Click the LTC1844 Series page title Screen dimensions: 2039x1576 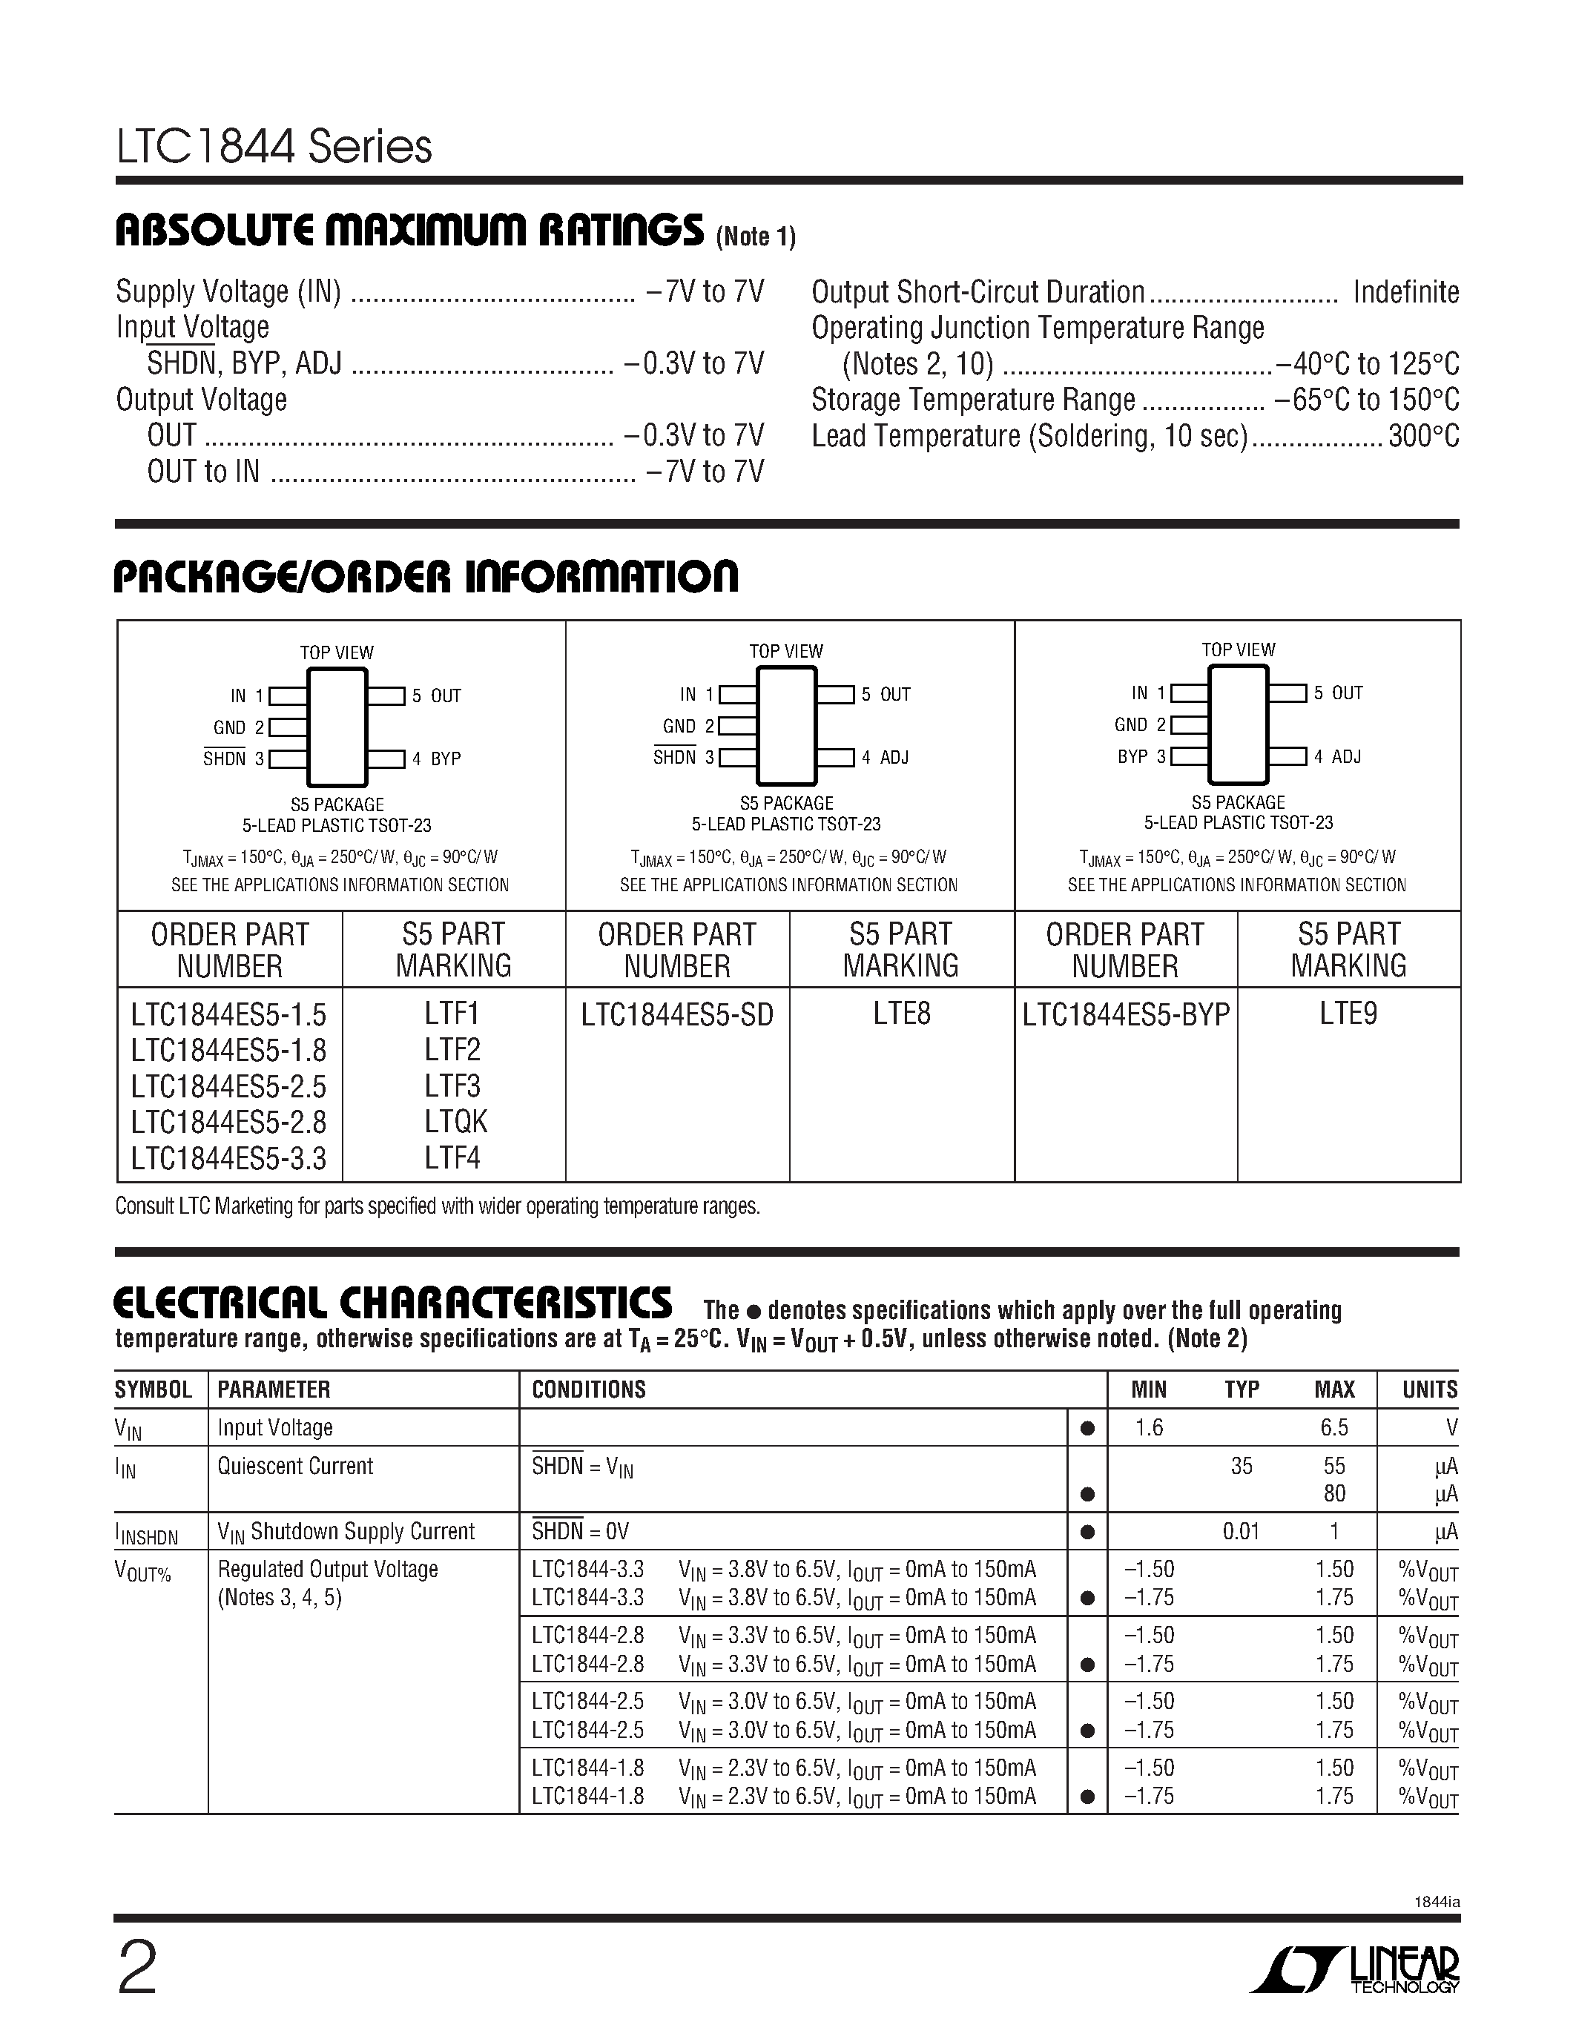point(274,148)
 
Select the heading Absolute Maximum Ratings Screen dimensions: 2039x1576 point(409,231)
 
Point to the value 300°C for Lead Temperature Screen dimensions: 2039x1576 point(1423,436)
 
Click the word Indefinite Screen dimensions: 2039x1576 point(1405,292)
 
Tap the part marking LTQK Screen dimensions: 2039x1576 point(455,1121)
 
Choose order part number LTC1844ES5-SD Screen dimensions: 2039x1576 point(677,1015)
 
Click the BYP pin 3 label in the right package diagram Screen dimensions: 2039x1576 point(1132,756)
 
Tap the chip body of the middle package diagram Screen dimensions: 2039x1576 point(786,724)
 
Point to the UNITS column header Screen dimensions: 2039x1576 point(1428,1389)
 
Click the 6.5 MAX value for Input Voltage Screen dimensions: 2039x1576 point(1334,1427)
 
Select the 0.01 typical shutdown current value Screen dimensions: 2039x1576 point(1241,1531)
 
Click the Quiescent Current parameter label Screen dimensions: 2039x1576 point(295,1466)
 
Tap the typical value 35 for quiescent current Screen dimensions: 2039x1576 point(1241,1466)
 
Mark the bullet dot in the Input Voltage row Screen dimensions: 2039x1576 point(1087,1429)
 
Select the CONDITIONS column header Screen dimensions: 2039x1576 point(588,1389)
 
